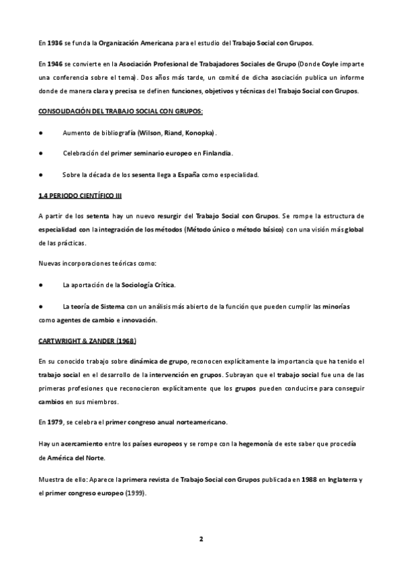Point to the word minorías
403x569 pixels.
pyautogui.click(x=332, y=306)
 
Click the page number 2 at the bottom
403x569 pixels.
pyautogui.click(x=201, y=539)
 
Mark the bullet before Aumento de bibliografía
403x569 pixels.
pyautogui.click(x=42, y=132)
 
